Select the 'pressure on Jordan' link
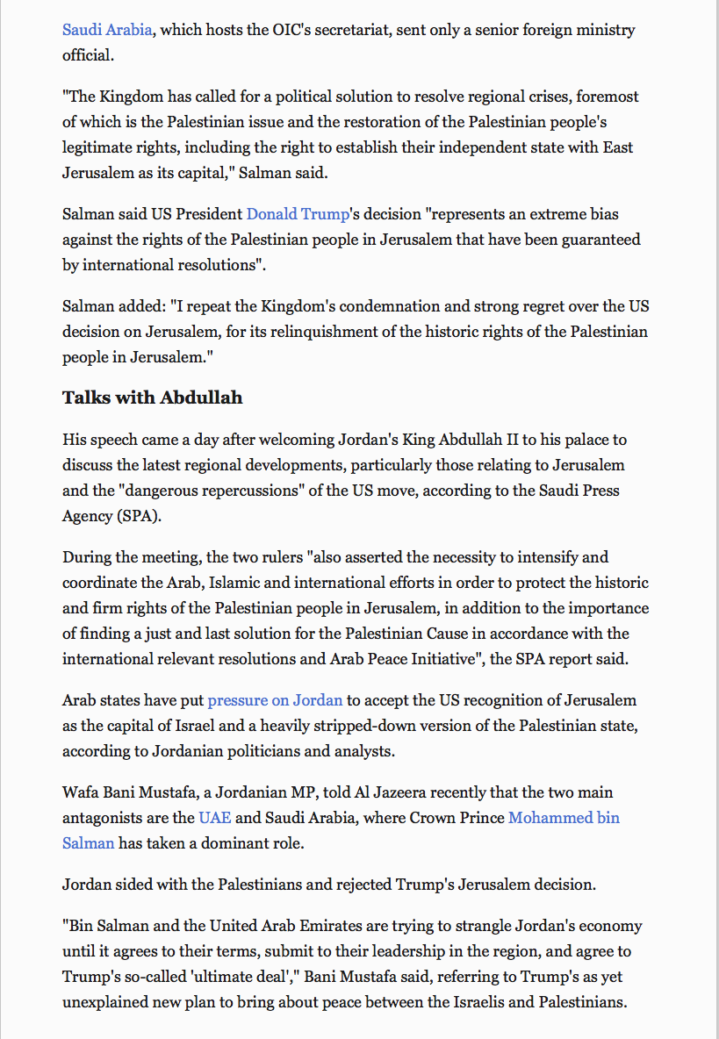[x=275, y=700]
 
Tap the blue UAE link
[x=215, y=818]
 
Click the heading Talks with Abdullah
[x=152, y=398]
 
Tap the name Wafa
[x=82, y=792]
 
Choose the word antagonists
[x=111, y=818]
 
